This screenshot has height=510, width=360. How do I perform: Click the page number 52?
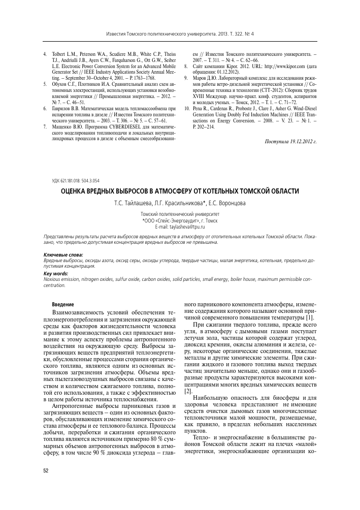(x=46, y=471)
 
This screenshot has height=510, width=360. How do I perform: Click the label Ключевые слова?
(x=62, y=254)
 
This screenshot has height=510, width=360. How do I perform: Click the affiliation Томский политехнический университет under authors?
(x=180, y=215)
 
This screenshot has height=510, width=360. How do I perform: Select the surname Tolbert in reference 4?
(x=60, y=53)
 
